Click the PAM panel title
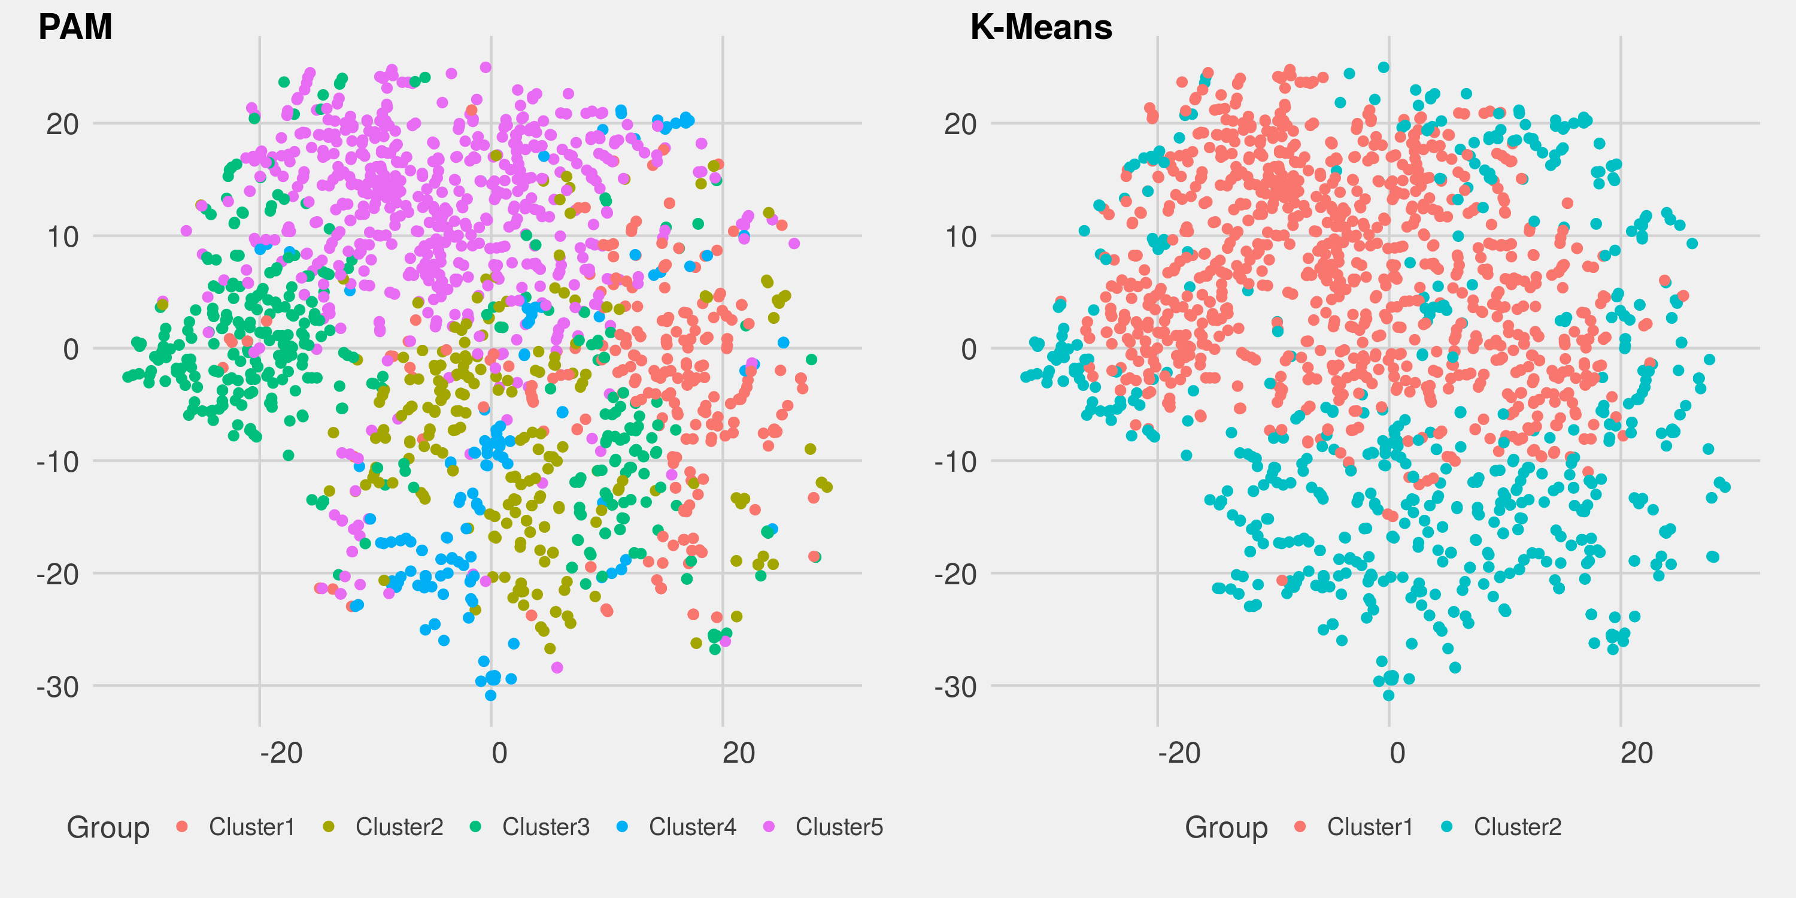click(75, 26)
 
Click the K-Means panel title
click(1041, 26)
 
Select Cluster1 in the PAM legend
click(251, 827)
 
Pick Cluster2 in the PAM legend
click(399, 827)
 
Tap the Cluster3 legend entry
click(546, 827)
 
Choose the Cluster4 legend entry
click(692, 827)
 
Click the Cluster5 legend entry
click(839, 827)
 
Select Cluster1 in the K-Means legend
click(1369, 827)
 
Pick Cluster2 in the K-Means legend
click(1517, 827)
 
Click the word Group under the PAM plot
click(108, 827)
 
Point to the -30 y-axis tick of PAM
click(58, 687)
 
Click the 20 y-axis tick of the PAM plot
click(63, 125)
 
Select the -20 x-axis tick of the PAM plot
click(281, 754)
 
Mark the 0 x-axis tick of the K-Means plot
click(1397, 754)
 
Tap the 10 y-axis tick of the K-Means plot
click(961, 237)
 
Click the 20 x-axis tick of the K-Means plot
click(1636, 754)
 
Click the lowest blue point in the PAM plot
click(491, 695)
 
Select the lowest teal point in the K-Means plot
click(1388, 695)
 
